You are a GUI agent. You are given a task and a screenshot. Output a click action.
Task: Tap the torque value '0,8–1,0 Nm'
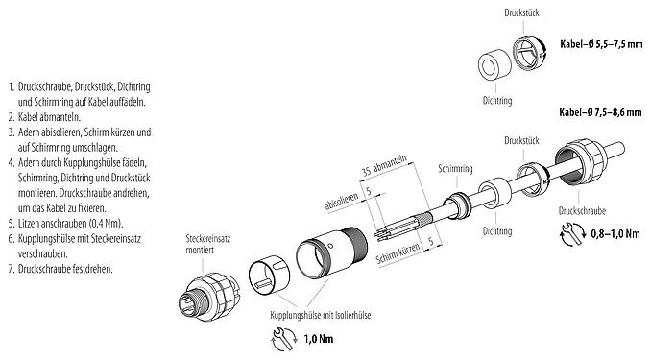coord(615,232)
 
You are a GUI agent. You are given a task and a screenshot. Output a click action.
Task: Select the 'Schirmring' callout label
coord(453,164)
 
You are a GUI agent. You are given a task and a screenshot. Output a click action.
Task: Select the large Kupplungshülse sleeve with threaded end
coord(327,260)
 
